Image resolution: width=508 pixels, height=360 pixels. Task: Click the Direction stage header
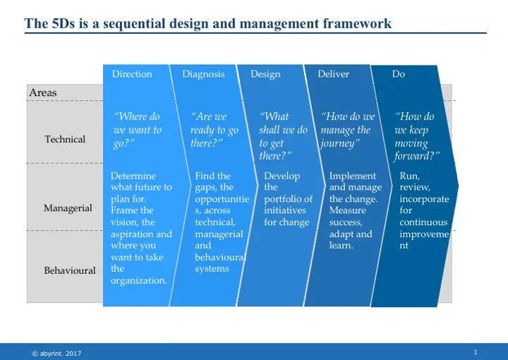pos(132,74)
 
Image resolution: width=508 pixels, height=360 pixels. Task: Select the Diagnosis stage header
pos(203,74)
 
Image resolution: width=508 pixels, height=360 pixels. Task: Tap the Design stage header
pos(265,74)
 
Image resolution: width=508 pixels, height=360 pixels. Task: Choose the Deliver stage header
pos(333,74)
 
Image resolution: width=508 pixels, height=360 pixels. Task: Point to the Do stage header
pos(399,74)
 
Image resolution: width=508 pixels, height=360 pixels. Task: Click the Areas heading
pos(43,93)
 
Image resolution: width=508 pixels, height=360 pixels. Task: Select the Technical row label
pos(65,139)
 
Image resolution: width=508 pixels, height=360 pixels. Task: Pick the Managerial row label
pos(68,208)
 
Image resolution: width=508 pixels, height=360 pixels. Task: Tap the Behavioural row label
pos(69,270)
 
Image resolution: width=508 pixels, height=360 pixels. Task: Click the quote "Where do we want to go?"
pos(138,130)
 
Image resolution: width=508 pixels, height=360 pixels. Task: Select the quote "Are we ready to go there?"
pos(214,130)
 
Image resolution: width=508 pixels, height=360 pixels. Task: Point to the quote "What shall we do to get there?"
pos(283,136)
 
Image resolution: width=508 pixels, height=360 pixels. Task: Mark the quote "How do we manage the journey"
pos(347,130)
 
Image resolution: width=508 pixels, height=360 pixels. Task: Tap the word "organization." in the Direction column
pos(140,280)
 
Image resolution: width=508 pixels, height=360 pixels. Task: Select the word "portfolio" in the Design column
pos(288,199)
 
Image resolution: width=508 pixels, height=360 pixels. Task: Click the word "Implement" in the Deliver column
pos(353,176)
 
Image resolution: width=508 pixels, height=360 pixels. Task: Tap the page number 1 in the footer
pos(477,352)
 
